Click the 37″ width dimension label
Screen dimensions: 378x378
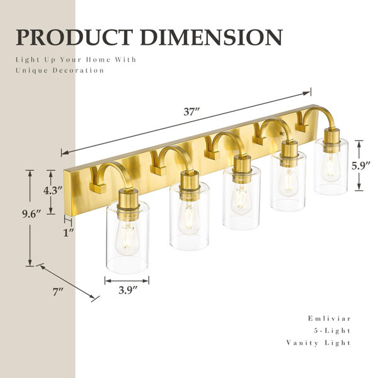point(192,112)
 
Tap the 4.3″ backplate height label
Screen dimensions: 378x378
point(53,190)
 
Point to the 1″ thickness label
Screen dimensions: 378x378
point(68,232)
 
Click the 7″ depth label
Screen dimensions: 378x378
point(58,292)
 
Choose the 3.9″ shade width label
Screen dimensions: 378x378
point(128,290)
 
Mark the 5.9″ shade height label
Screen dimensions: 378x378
point(360,166)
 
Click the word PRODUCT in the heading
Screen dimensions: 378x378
point(74,37)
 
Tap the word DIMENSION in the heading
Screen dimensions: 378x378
point(212,37)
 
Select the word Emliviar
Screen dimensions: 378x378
point(329,318)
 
